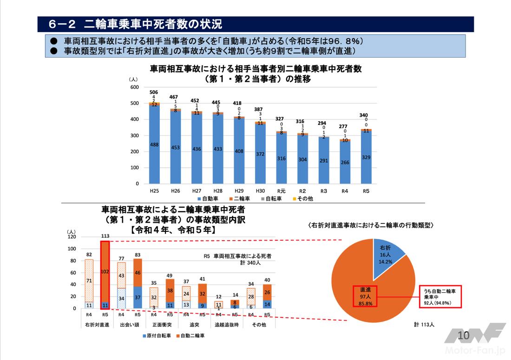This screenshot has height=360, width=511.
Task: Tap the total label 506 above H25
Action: (154, 92)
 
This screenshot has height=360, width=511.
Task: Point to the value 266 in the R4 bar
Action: (345, 162)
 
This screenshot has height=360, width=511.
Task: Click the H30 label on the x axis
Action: (260, 190)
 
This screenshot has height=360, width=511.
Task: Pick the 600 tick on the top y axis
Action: (135, 87)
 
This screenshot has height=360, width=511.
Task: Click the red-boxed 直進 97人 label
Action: (365, 296)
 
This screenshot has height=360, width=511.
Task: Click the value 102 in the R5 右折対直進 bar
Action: (105, 272)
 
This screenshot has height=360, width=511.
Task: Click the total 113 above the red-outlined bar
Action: (105, 236)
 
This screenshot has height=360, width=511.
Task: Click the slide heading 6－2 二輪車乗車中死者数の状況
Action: (135, 24)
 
